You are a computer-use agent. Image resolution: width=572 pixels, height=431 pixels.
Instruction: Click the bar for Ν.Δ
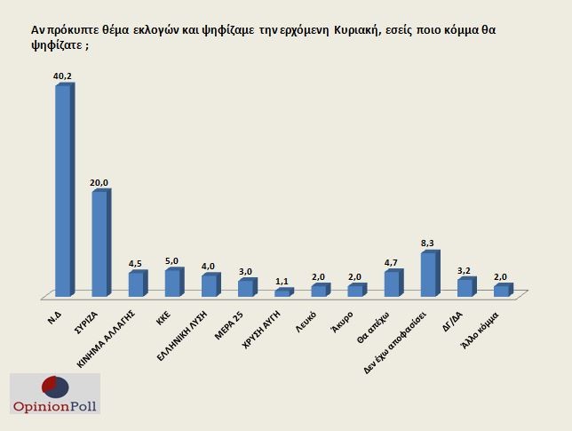point(62,191)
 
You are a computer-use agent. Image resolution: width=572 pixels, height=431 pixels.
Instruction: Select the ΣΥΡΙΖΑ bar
point(99,243)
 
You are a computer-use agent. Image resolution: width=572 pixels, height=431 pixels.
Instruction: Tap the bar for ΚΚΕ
point(172,283)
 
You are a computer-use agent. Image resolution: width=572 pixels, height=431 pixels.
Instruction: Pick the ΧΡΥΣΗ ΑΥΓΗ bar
point(282,292)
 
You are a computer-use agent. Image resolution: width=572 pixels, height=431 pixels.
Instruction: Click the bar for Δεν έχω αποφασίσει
point(427,275)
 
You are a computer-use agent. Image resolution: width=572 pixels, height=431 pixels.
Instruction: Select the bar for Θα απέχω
point(391,283)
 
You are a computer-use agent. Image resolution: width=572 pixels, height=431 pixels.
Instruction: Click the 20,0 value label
point(99,182)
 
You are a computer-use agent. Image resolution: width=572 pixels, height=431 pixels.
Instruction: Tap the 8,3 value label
point(428,243)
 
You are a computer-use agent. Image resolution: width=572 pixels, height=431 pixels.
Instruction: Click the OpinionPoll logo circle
point(55,388)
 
